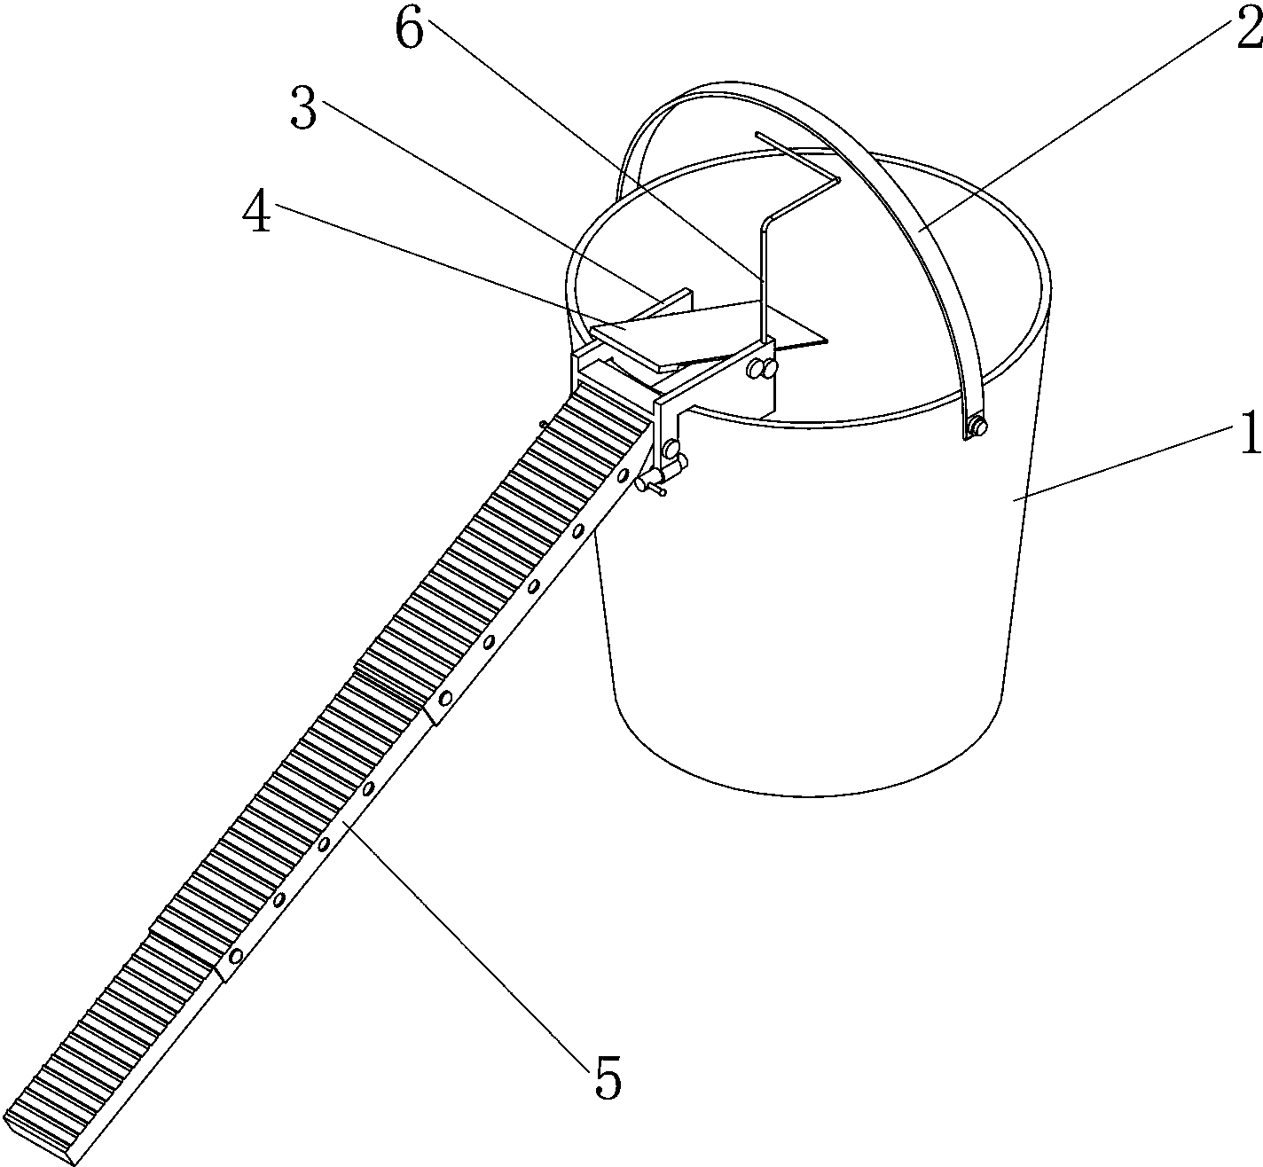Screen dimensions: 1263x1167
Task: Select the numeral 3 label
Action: [x=303, y=107]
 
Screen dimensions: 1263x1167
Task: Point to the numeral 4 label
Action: [x=257, y=210]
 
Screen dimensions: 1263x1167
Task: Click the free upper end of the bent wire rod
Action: [x=757, y=134]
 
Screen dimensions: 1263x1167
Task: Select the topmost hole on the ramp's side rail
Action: [x=624, y=474]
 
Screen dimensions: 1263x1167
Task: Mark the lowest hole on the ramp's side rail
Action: [x=237, y=956]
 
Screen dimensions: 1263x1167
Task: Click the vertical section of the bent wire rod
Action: [x=763, y=280]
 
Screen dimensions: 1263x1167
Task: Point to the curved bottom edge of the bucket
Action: [x=809, y=795]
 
